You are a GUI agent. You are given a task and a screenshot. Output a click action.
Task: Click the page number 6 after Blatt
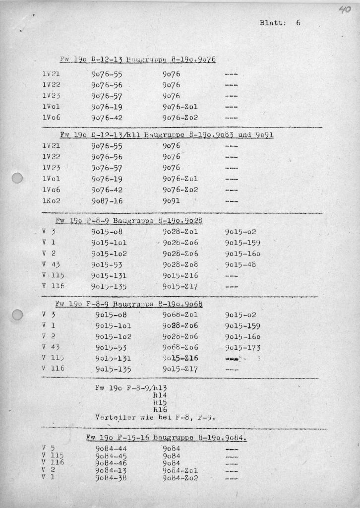(x=299, y=22)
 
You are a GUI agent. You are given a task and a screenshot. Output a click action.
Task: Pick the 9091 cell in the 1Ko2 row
(x=172, y=201)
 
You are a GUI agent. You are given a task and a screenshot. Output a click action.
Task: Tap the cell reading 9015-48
(x=240, y=264)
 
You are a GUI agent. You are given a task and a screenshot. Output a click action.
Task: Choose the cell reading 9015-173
(x=242, y=347)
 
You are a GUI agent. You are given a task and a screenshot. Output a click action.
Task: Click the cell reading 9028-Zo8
(x=180, y=264)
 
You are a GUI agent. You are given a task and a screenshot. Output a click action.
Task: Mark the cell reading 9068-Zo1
(x=180, y=315)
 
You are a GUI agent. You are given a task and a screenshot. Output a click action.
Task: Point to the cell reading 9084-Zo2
(x=180, y=478)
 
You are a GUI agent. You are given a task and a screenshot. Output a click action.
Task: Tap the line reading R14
(x=160, y=396)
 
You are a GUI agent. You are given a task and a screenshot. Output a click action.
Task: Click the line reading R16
(x=160, y=410)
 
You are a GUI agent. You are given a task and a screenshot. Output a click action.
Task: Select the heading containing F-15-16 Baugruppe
(x=166, y=438)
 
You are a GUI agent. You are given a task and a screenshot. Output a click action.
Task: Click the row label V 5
(x=49, y=448)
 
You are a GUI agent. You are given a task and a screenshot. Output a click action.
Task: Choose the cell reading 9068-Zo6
(x=180, y=347)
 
